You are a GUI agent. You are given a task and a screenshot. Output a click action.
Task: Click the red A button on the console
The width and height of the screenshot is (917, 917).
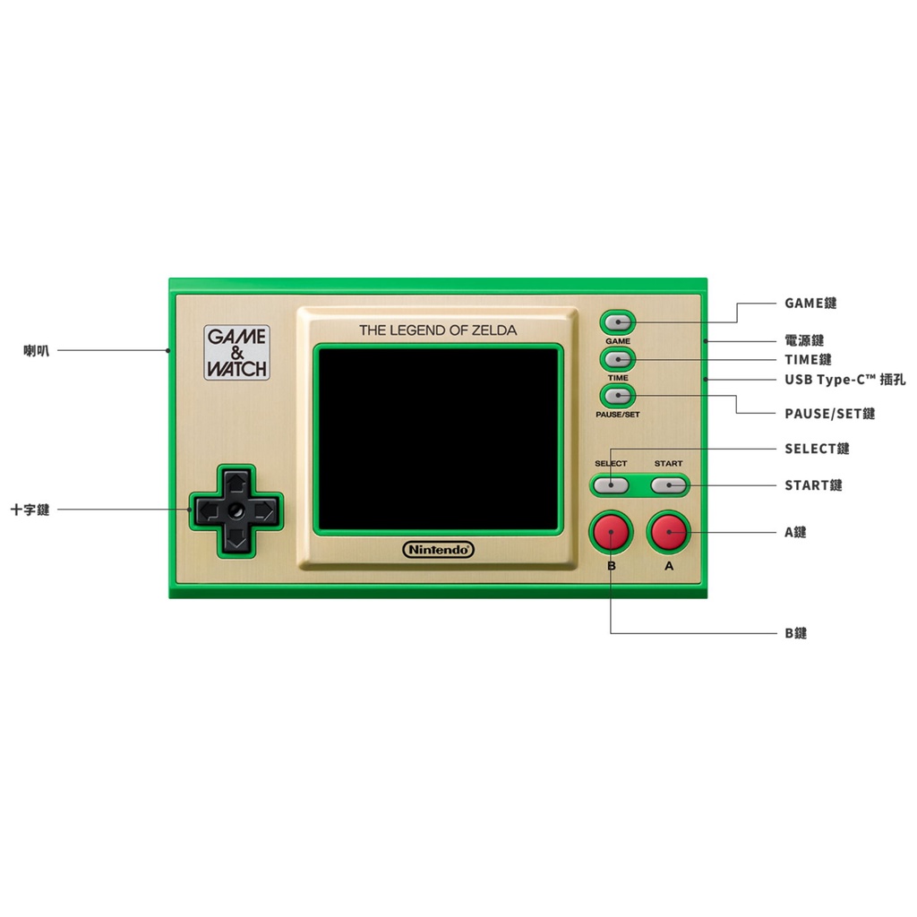pyautogui.click(x=669, y=532)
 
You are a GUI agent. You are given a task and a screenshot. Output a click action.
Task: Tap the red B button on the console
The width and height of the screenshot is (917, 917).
pyautogui.click(x=611, y=532)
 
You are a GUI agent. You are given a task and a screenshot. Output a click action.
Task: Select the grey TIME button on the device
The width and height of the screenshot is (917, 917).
pyautogui.click(x=618, y=359)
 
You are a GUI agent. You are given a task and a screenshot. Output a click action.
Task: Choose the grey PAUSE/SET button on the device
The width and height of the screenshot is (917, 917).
pyautogui.click(x=618, y=396)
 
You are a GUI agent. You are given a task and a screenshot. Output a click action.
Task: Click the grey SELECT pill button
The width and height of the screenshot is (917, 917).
pyautogui.click(x=611, y=485)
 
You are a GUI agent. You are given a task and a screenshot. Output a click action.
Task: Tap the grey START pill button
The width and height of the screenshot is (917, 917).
pyautogui.click(x=669, y=485)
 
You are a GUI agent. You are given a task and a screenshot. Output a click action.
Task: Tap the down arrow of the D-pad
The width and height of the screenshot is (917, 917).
pyautogui.click(x=236, y=538)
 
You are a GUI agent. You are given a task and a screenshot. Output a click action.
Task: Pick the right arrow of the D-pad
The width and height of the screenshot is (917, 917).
pyautogui.click(x=264, y=511)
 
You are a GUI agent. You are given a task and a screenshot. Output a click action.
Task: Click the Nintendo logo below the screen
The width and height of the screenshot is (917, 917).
pyautogui.click(x=438, y=550)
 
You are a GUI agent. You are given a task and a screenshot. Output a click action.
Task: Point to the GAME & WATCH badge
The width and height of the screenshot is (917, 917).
pyautogui.click(x=236, y=353)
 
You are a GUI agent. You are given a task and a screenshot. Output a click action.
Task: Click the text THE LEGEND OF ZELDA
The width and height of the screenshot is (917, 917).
pyautogui.click(x=438, y=330)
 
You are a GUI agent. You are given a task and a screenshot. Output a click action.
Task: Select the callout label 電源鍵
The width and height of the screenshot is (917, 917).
pyautogui.click(x=804, y=340)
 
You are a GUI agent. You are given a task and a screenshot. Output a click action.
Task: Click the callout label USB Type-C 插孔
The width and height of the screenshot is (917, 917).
pyautogui.click(x=845, y=380)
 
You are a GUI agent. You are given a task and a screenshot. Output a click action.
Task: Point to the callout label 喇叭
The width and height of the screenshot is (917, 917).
pyautogui.click(x=36, y=351)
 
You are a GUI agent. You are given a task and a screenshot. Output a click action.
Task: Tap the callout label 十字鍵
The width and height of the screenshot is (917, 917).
pyautogui.click(x=30, y=510)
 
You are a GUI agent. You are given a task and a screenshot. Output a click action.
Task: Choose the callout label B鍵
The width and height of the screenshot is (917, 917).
pyautogui.click(x=796, y=633)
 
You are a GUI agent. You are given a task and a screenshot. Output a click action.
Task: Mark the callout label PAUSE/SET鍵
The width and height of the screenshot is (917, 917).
pyautogui.click(x=830, y=414)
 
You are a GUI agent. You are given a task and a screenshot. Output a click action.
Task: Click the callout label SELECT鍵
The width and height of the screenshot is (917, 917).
pyautogui.click(x=817, y=450)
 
